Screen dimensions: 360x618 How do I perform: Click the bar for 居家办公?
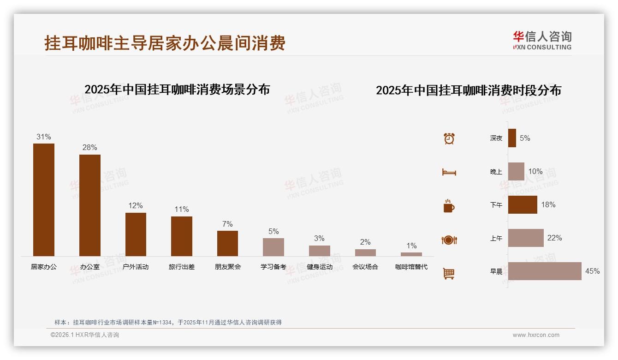tap(44, 200)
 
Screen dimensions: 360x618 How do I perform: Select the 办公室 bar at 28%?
tap(90, 205)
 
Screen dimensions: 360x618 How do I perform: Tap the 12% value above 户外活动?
tap(136, 205)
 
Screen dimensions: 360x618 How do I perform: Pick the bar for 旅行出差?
tap(182, 236)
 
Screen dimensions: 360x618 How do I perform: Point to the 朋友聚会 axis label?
tap(228, 267)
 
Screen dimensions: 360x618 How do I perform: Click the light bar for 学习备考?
tap(273, 247)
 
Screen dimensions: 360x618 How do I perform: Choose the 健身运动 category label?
tap(320, 267)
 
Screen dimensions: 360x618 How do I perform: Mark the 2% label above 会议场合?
tap(365, 242)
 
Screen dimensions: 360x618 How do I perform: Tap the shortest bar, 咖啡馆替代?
tap(411, 254)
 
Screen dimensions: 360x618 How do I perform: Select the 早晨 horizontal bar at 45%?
tap(545, 271)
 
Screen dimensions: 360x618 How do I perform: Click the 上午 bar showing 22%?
tap(526, 238)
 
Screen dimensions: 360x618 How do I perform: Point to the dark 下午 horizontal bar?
tap(523, 205)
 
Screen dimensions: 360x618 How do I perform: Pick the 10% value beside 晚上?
tap(535, 171)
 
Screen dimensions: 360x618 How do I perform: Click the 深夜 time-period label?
tap(496, 138)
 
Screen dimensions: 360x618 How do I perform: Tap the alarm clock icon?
tap(449, 138)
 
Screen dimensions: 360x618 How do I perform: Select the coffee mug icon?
tap(449, 206)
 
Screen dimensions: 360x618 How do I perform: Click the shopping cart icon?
tap(449, 273)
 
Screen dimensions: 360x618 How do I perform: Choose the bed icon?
tap(449, 172)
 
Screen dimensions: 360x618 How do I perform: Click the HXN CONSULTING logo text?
tap(542, 47)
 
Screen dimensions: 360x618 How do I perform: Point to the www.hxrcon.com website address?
tap(536, 335)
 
